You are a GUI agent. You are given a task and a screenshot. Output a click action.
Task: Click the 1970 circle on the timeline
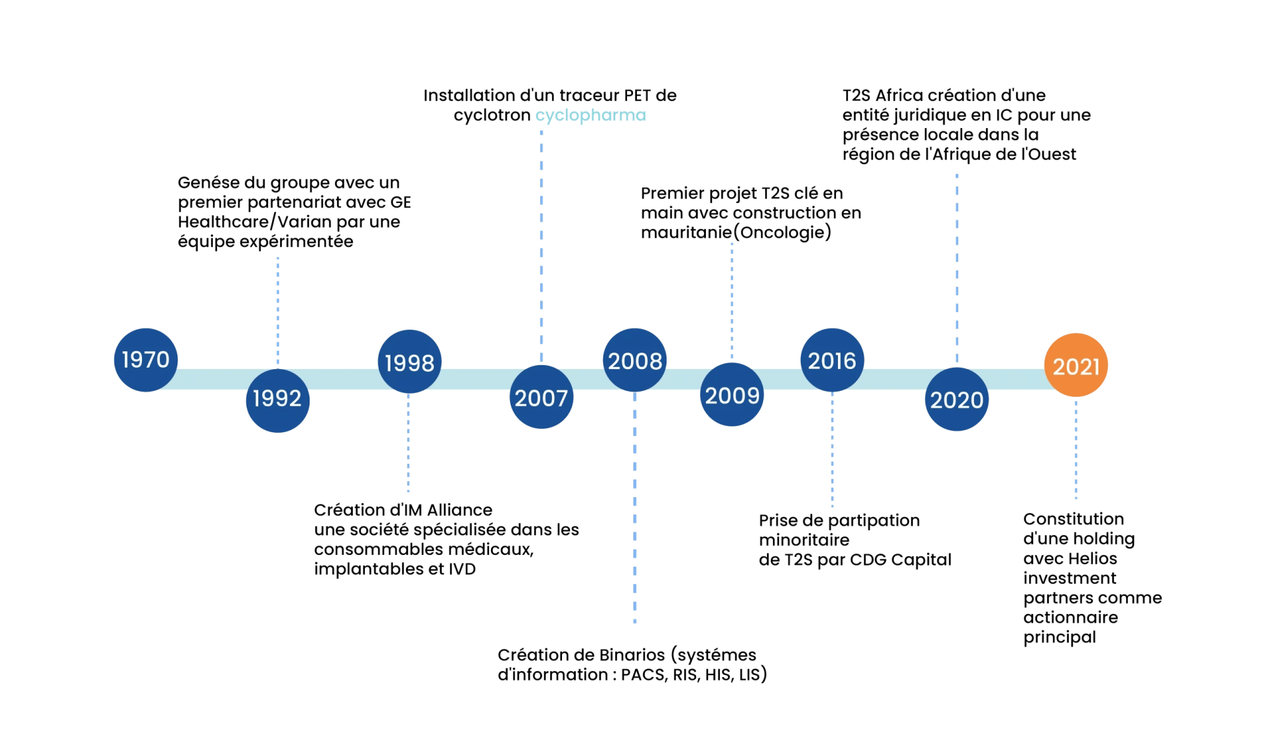click(146, 360)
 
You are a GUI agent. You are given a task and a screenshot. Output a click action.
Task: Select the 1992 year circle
click(277, 399)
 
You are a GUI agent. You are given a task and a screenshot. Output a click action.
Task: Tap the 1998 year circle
click(409, 363)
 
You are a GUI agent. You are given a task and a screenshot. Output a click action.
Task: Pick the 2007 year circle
click(541, 398)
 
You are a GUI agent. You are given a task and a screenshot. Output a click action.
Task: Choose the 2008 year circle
click(635, 361)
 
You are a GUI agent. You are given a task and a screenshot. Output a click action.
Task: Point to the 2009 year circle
click(732, 395)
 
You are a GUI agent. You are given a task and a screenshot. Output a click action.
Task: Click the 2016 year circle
click(832, 361)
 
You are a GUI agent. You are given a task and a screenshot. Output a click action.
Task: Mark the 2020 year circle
click(956, 399)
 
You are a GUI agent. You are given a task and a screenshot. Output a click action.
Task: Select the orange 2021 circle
click(1076, 366)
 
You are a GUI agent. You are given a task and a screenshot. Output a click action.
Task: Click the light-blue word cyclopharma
click(590, 116)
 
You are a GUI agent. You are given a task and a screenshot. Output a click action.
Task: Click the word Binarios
click(632, 655)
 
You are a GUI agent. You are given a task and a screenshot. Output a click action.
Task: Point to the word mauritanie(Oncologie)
click(736, 232)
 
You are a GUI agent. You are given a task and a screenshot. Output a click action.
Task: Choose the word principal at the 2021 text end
click(1058, 638)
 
